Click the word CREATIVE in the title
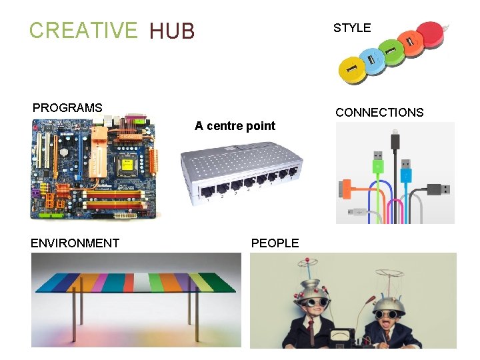pyautogui.click(x=82, y=30)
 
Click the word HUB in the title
pyautogui.click(x=172, y=31)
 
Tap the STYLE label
pyautogui.click(x=352, y=28)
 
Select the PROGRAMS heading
pyautogui.click(x=67, y=107)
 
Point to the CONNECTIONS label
pyautogui.click(x=379, y=113)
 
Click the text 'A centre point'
pyautogui.click(x=235, y=126)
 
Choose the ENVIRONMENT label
pyautogui.click(x=75, y=243)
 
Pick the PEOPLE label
pyautogui.click(x=275, y=243)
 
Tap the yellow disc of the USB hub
pyautogui.click(x=352, y=67)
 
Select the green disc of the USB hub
pyautogui.click(x=392, y=49)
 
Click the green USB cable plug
pyautogui.click(x=377, y=166)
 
